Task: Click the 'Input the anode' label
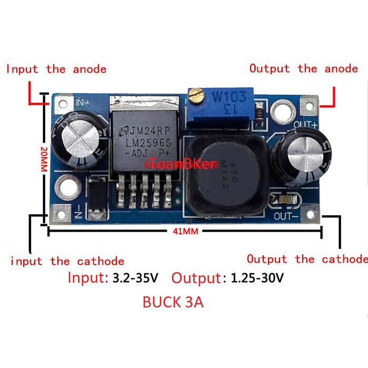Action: click(x=56, y=69)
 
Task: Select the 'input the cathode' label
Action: click(x=67, y=261)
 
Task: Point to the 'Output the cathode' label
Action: click(x=307, y=259)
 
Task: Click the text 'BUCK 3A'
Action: click(x=173, y=303)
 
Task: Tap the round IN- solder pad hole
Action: click(x=68, y=185)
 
